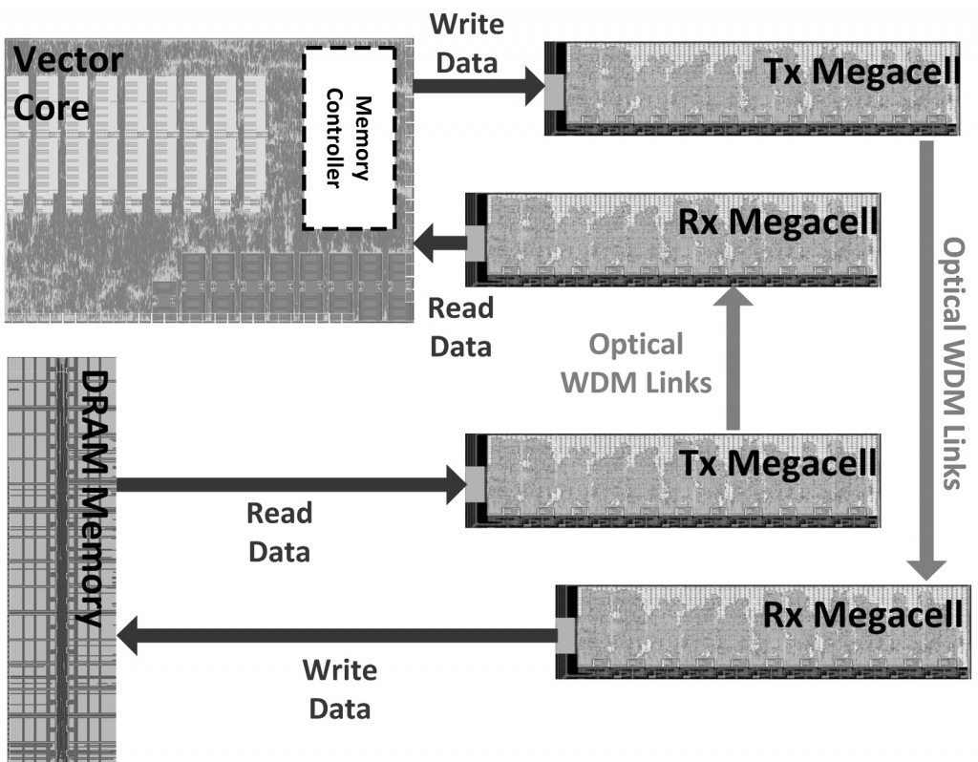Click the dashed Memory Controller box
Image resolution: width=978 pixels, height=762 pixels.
point(349,138)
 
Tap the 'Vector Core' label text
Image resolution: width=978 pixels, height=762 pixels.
point(67,84)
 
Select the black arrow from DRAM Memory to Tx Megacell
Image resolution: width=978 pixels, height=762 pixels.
point(287,484)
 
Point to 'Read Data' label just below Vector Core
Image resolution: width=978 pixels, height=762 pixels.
point(459,327)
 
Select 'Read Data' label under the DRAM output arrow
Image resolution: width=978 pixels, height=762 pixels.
point(279,532)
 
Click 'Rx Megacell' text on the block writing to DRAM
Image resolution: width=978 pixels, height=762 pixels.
point(862,614)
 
